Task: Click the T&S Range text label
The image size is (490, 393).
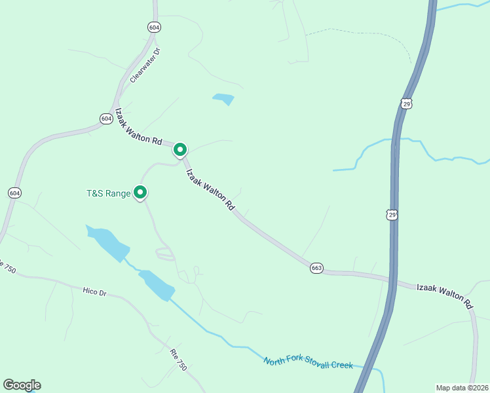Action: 109,193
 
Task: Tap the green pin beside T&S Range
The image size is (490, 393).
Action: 140,192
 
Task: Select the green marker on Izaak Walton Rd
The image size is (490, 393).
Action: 180,150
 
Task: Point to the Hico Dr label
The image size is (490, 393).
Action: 94,291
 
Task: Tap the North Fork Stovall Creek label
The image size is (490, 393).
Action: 308,362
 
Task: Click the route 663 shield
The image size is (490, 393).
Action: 317,269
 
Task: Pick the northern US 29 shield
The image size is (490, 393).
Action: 407,103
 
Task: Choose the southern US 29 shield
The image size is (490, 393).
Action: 391,215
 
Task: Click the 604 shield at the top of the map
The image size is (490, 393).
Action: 154,28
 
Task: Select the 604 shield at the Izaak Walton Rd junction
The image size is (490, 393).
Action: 106,119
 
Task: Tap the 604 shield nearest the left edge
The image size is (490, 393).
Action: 14,193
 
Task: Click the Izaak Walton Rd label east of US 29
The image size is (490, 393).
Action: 445,296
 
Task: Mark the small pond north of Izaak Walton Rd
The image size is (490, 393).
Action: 223,100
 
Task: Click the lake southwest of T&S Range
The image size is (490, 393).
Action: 109,242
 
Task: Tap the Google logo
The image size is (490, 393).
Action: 22,385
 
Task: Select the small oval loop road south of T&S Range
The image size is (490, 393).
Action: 165,253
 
